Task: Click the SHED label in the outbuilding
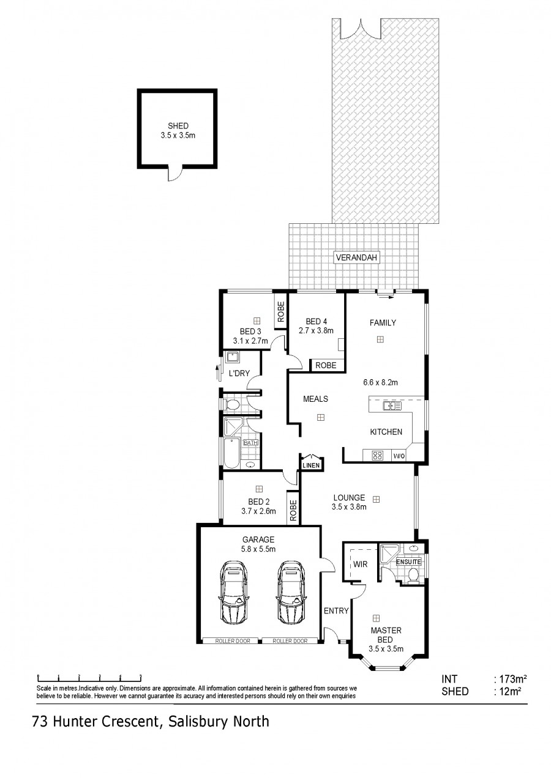[x=178, y=126]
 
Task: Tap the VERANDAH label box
[x=356, y=257]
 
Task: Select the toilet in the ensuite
[x=413, y=574]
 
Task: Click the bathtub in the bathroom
[x=231, y=453]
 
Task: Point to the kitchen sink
[x=392, y=406]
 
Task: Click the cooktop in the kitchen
[x=377, y=456]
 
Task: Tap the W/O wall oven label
[x=399, y=456]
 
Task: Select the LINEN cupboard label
[x=311, y=465]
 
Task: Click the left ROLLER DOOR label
[x=233, y=641]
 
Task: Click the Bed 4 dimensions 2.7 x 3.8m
[x=316, y=330]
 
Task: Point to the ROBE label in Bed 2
[x=293, y=510]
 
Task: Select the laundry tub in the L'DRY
[x=231, y=357]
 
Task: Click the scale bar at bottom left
[x=89, y=677]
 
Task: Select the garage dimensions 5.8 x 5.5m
[x=258, y=549]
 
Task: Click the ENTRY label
[x=336, y=610]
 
